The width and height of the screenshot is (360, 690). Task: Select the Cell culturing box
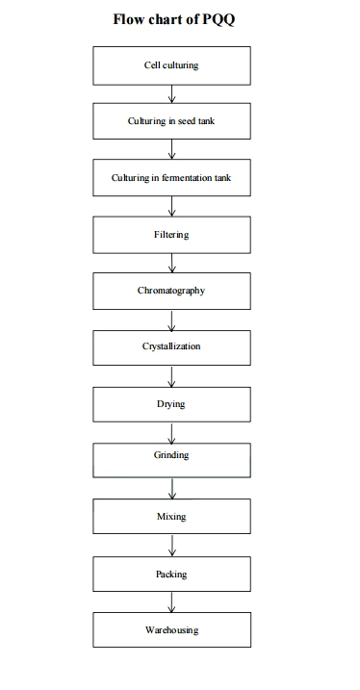(171, 66)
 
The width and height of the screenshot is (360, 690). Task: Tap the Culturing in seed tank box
(171, 122)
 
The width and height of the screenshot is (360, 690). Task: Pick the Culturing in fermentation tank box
(171, 178)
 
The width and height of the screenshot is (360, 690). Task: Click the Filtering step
(171, 235)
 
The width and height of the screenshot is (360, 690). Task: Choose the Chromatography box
(171, 290)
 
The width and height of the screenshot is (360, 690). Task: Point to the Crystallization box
(171, 346)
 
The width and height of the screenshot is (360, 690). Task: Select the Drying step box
(171, 404)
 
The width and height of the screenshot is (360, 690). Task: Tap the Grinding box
(171, 456)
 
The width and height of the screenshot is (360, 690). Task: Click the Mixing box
(171, 517)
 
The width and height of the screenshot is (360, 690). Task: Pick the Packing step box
(171, 575)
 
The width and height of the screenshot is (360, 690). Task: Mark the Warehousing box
(171, 630)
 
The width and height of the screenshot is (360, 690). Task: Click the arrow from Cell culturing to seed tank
(171, 94)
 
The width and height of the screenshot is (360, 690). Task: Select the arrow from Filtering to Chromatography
(171, 263)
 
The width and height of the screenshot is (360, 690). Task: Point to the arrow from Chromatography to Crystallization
(171, 319)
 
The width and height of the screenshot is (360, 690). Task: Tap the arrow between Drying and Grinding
(171, 431)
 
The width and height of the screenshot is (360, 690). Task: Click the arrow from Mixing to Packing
(171, 546)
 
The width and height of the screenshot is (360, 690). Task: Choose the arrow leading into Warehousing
(171, 602)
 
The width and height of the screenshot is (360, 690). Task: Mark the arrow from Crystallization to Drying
(171, 375)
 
